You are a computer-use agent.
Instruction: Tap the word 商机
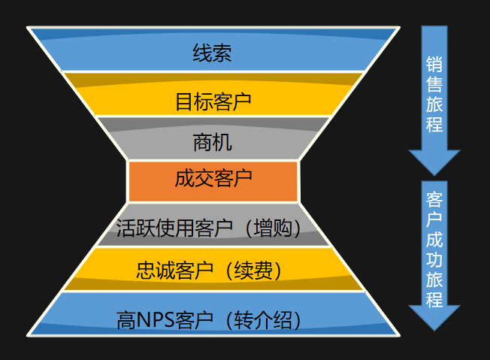click(x=213, y=141)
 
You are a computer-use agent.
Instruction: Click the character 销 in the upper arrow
click(x=434, y=65)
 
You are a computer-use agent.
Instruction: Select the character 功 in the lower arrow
click(x=434, y=260)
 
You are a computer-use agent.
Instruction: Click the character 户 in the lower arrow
click(x=434, y=221)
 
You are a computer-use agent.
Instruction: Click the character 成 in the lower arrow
click(x=434, y=241)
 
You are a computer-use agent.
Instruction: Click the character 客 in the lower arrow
click(x=434, y=201)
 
